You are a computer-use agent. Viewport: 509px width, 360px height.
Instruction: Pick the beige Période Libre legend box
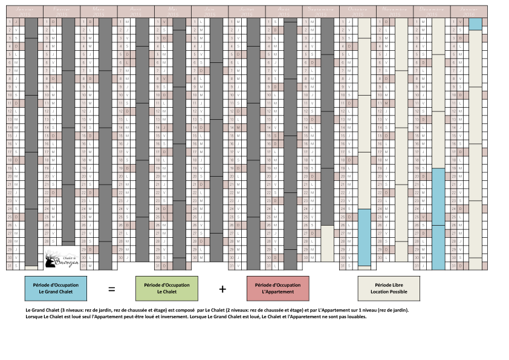coord(389,289)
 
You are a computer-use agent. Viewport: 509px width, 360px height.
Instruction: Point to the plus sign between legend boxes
coord(222,289)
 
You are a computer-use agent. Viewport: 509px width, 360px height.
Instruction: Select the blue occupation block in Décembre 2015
coord(438,218)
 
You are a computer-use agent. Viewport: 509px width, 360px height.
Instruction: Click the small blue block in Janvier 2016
coord(475,24)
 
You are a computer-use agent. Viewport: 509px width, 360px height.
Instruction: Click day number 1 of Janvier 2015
coord(9,22)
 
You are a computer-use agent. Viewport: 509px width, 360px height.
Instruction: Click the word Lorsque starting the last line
coord(34,316)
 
